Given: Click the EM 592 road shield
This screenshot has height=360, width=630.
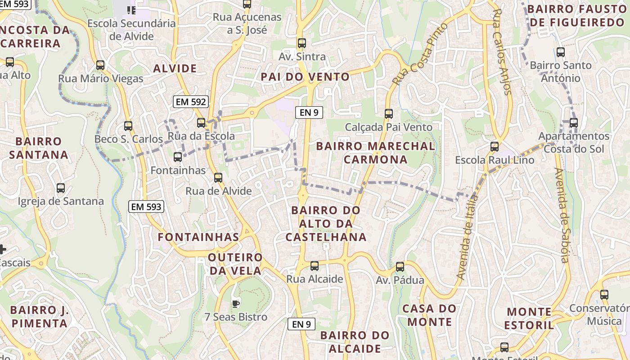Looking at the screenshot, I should coord(191,102).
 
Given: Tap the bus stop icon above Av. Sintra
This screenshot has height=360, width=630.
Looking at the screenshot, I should coord(301,43).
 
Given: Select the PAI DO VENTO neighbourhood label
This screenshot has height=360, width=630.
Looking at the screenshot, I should coord(305,77).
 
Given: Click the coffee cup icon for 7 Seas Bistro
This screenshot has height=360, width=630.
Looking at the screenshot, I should coord(235,304).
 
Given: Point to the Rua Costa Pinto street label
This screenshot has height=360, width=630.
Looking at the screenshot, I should coord(420,54).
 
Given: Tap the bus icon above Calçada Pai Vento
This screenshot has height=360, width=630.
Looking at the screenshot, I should coord(389,114).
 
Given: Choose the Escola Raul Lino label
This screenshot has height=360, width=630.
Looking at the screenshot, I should coord(495,160).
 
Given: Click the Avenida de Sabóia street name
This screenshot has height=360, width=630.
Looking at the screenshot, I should coord(562,215).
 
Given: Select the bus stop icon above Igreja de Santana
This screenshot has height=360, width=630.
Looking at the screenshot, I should coord(61,188).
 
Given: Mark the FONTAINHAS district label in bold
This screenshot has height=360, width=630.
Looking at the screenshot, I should coord(198,237).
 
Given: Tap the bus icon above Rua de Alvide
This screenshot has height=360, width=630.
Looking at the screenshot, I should coord(218,178).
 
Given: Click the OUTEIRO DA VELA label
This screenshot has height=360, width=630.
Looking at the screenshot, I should coord(236,264).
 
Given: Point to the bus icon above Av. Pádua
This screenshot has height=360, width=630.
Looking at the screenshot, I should coord(400,267).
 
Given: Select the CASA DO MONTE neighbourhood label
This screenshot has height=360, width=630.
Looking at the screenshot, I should coord(429,315).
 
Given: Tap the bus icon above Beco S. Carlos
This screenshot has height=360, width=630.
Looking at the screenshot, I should coord(128,126).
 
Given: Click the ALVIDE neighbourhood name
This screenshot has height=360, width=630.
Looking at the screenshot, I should coord(175,68).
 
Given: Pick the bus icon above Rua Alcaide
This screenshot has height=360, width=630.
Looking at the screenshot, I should coord(315,266).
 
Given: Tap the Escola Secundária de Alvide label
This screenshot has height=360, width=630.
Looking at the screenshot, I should coord(131,30).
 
